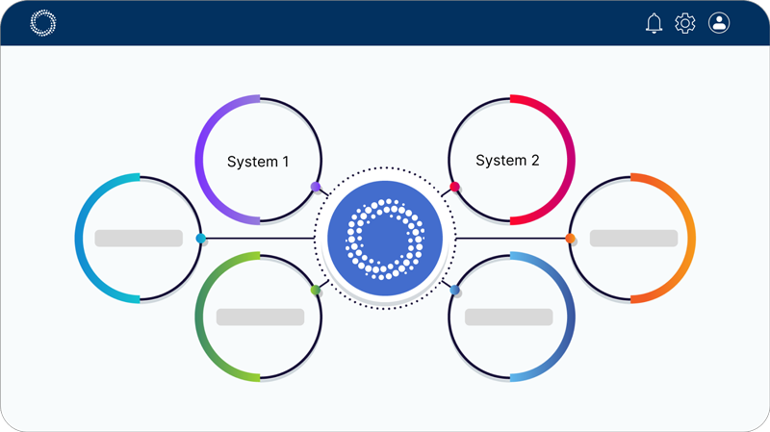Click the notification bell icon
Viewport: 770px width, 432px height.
click(654, 23)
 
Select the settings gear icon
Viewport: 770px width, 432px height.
click(685, 23)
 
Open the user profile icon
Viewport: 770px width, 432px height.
click(719, 23)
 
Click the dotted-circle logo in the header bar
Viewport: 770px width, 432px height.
click(43, 23)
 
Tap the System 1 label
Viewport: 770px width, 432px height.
click(258, 162)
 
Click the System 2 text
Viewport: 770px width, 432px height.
click(507, 161)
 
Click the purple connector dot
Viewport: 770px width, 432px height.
click(316, 187)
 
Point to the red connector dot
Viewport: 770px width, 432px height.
click(454, 187)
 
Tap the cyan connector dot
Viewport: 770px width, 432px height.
click(200, 238)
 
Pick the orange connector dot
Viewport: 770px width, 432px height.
click(570, 238)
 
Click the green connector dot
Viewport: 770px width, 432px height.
click(316, 290)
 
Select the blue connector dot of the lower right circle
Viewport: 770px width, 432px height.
click(454, 290)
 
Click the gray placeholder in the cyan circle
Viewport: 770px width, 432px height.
click(139, 238)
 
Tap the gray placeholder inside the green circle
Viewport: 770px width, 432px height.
click(260, 317)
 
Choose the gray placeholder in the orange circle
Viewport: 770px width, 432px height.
click(633, 238)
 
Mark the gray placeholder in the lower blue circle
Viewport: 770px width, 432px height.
click(508, 317)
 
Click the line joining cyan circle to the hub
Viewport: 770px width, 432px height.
click(260, 238)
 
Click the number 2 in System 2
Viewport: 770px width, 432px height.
click(535, 161)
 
